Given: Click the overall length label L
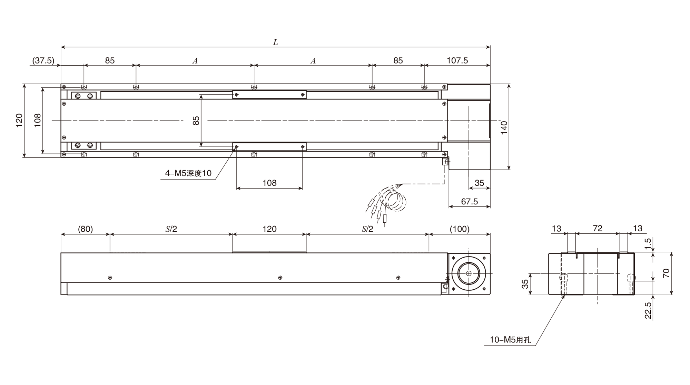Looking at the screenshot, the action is (x=275, y=42).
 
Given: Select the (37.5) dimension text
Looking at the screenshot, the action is (x=43, y=60).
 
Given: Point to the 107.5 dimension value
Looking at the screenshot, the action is (x=457, y=60).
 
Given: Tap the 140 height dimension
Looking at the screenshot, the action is (x=504, y=127).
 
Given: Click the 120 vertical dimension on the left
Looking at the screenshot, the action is (x=19, y=121).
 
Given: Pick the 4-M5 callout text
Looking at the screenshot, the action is (x=188, y=173).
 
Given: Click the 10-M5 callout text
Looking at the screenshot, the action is (x=510, y=340).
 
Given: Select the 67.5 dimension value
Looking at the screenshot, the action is (x=469, y=201).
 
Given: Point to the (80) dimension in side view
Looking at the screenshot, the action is (x=85, y=229).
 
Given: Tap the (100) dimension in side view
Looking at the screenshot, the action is (x=460, y=229).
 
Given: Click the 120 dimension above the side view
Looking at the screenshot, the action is (x=269, y=229).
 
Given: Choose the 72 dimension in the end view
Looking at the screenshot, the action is (x=598, y=228).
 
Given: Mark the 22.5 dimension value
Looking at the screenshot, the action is (x=648, y=310).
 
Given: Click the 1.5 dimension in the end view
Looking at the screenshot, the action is (x=648, y=243).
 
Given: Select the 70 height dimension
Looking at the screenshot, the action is (x=666, y=273).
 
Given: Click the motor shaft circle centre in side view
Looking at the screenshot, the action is (x=469, y=273).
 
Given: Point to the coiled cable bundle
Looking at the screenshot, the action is (x=395, y=201).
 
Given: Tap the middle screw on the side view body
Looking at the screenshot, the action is (x=280, y=278).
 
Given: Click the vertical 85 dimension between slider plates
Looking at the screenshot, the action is (x=196, y=121).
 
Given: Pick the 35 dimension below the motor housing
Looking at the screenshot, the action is (x=479, y=183).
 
